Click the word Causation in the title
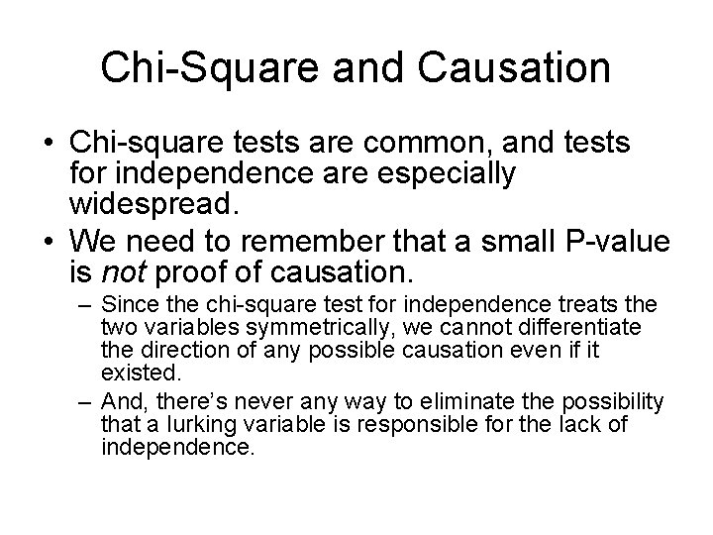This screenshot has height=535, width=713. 518,68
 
